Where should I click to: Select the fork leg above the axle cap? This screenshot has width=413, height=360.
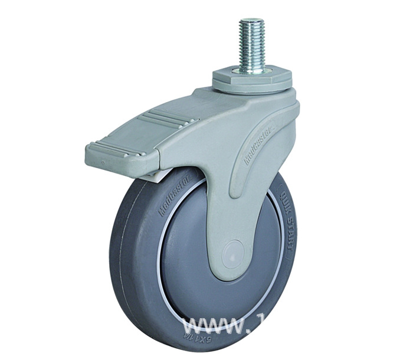pyautogui.click(x=227, y=201)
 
